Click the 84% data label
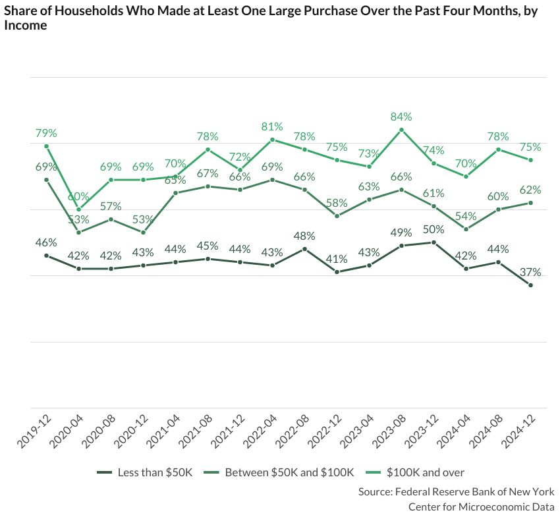401,117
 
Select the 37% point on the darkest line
530,285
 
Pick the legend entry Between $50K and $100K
290,472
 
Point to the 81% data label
272,126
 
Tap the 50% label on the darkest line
434,229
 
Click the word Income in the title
26,26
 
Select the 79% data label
46,133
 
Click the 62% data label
530,190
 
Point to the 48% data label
304,236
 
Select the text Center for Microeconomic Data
481,507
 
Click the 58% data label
337,203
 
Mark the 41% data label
337,259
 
